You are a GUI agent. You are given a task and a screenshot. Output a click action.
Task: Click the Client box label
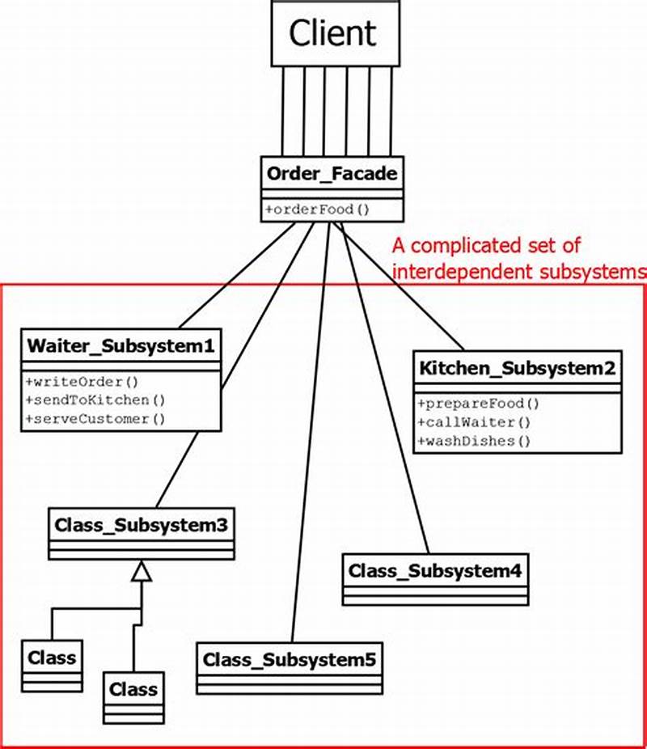pos(332,33)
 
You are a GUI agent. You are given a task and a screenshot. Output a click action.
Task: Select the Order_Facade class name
pos(332,174)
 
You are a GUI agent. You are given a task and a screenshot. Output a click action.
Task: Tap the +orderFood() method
pos(317,209)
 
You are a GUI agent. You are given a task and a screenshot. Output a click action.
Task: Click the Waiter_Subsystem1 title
pos(121,346)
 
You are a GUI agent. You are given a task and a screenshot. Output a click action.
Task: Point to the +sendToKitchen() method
pos(95,400)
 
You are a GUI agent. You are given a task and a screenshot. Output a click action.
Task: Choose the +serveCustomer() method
pos(95,418)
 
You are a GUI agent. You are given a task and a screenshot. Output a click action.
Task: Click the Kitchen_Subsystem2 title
pos(518,369)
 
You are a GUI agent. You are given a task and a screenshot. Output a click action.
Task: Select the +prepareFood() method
pos(478,404)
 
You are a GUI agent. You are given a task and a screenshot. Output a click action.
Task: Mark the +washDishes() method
pos(474,441)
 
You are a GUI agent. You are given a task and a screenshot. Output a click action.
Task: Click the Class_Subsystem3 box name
pos(141,524)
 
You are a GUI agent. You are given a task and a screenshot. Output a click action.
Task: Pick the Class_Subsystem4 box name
pos(435,570)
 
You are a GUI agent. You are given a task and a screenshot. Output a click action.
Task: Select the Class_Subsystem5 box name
pos(290,659)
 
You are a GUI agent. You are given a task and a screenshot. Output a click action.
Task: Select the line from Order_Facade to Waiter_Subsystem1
pos(235,275)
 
